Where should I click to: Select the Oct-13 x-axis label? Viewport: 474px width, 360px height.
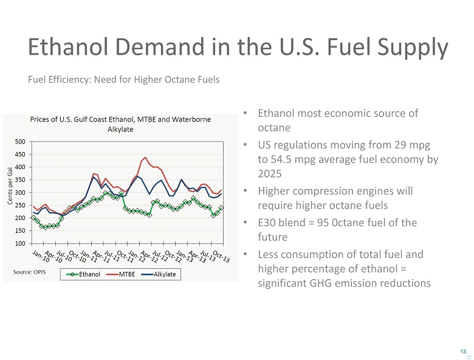(221, 257)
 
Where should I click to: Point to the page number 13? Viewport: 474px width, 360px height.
(464, 352)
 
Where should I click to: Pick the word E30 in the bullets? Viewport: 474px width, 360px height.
(267, 223)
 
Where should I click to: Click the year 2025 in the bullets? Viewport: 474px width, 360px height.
(270, 173)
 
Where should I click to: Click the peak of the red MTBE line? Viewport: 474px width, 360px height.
(145, 157)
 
